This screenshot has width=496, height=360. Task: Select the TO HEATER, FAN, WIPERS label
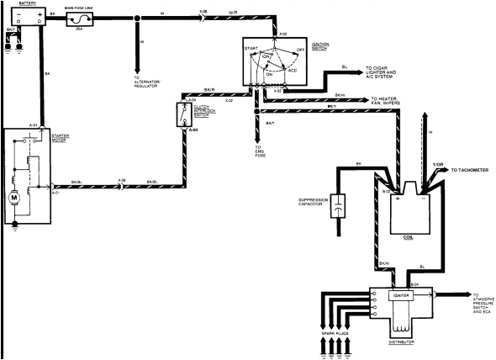pyautogui.click(x=401, y=99)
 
